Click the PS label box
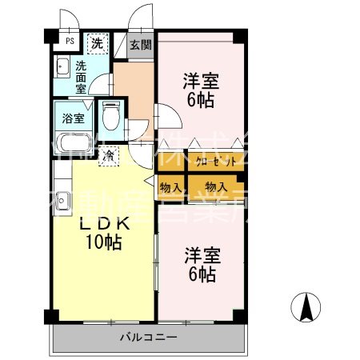[70, 42]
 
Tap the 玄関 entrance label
[141, 45]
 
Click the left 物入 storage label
[170, 187]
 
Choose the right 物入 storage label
[216, 187]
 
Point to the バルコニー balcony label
[150, 337]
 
